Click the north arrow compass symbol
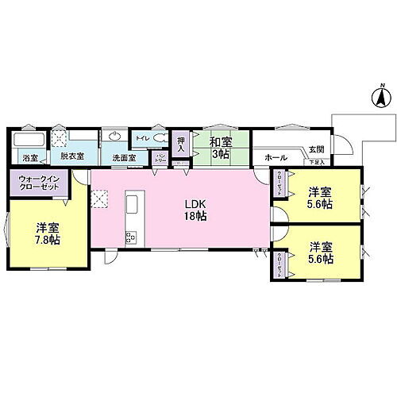pos(380,98)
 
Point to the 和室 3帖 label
pos(220,148)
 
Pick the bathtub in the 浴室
pos(22,141)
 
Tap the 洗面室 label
pos(122,158)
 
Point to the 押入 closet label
pos(180,144)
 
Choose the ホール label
pos(276,157)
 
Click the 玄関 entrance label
pos(316,148)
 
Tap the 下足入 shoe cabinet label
pos(317,162)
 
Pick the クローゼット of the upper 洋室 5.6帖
pos(279,185)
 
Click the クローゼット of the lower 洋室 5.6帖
pos(279,264)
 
